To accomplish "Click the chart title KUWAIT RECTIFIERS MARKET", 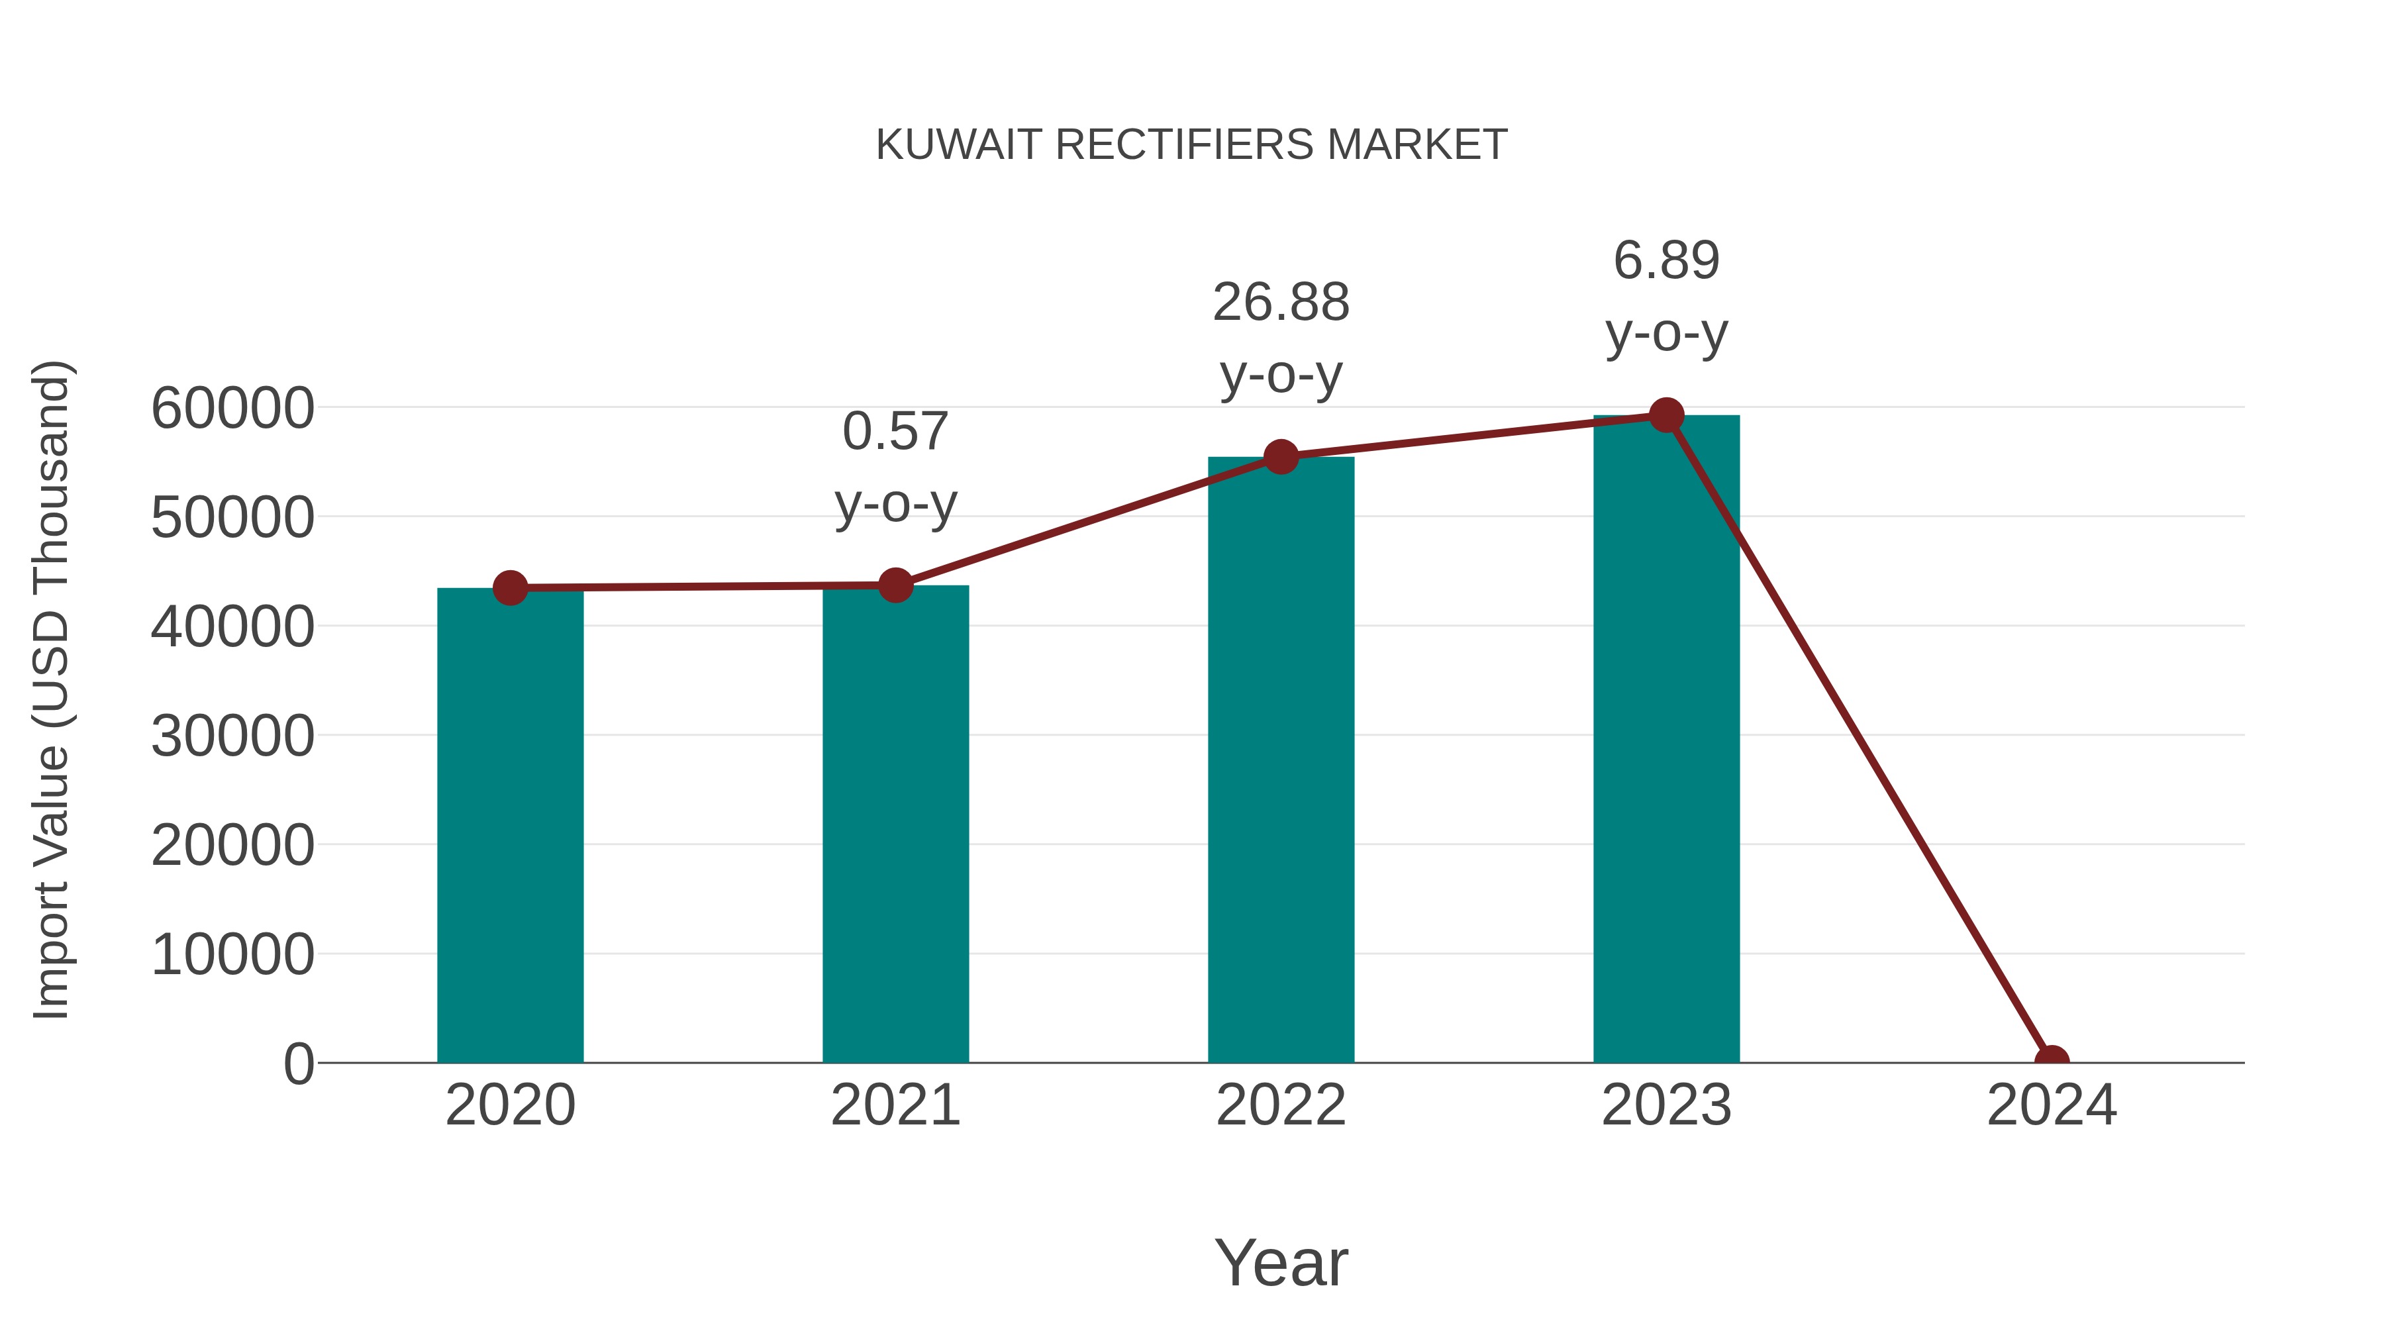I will [1191, 145].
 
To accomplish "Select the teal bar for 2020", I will [510, 824].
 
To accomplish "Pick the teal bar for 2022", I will [1281, 759].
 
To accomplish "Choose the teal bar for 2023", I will [1666, 740].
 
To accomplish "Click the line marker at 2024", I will [2051, 1061].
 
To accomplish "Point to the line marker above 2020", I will [510, 587].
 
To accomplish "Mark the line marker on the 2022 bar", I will [1281, 456].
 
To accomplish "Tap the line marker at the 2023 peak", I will [1666, 415].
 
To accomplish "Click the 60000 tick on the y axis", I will [232, 408].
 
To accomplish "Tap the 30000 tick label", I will [232, 736].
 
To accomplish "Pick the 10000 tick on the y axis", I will [232, 955].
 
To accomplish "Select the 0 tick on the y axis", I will [298, 1064].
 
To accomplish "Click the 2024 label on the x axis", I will [2051, 1105].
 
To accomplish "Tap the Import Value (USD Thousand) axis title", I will [51, 689].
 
